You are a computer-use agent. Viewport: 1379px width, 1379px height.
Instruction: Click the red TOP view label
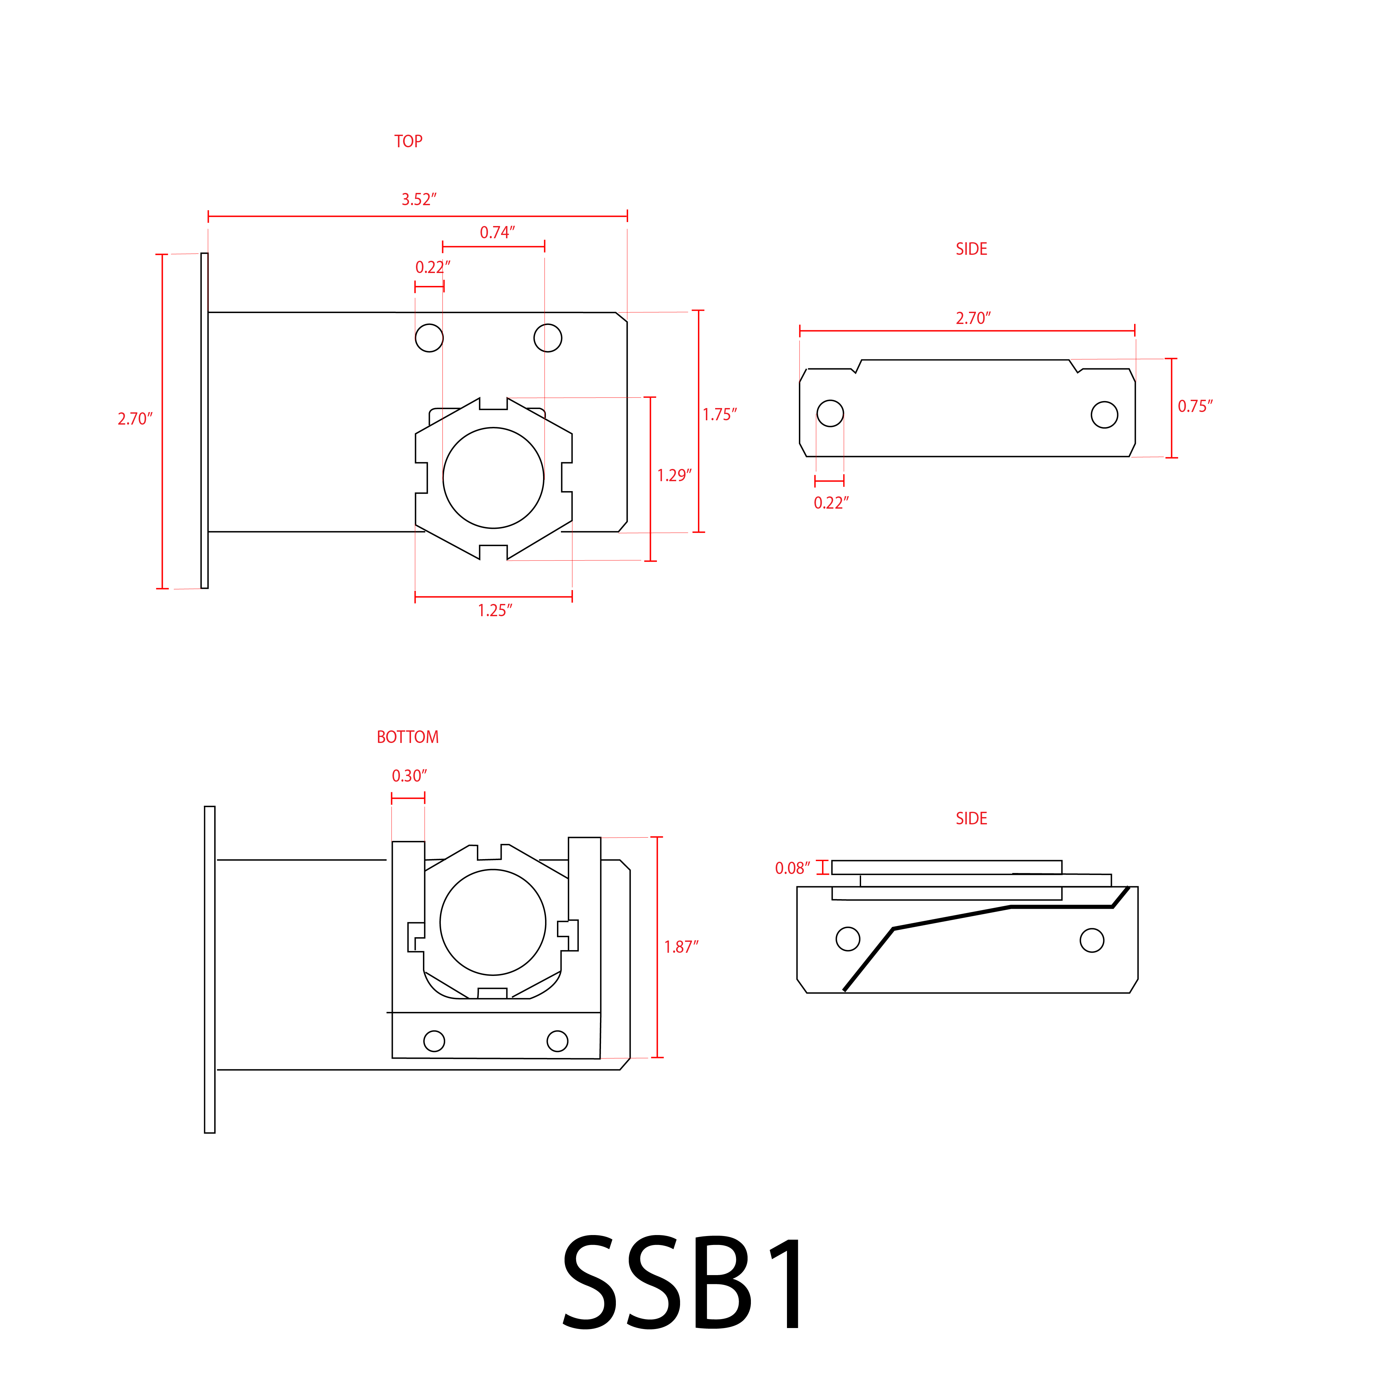tap(408, 141)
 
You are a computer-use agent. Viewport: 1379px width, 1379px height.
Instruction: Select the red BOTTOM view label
tap(408, 737)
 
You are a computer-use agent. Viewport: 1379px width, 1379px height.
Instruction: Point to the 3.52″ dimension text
tap(418, 200)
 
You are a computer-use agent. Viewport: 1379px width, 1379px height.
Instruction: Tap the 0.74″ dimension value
tap(497, 233)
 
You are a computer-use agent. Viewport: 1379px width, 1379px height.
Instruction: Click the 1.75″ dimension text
tap(719, 415)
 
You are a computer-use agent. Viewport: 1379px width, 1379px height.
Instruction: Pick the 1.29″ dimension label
tap(674, 475)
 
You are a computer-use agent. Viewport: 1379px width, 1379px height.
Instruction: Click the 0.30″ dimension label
tap(409, 776)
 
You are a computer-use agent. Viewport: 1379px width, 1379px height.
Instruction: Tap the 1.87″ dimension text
tap(681, 947)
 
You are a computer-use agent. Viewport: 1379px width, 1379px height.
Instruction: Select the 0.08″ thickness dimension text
tap(792, 869)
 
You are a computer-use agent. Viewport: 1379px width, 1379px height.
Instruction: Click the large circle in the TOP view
tap(493, 478)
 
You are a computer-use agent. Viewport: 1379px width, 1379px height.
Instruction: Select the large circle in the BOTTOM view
tap(492, 922)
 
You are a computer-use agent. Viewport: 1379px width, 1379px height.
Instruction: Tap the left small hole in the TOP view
tap(429, 338)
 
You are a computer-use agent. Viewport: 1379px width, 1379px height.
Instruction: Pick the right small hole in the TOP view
tap(547, 338)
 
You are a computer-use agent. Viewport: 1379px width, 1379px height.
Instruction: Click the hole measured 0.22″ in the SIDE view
tap(830, 413)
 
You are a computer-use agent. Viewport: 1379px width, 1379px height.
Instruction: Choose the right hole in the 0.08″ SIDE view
tap(1092, 940)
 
